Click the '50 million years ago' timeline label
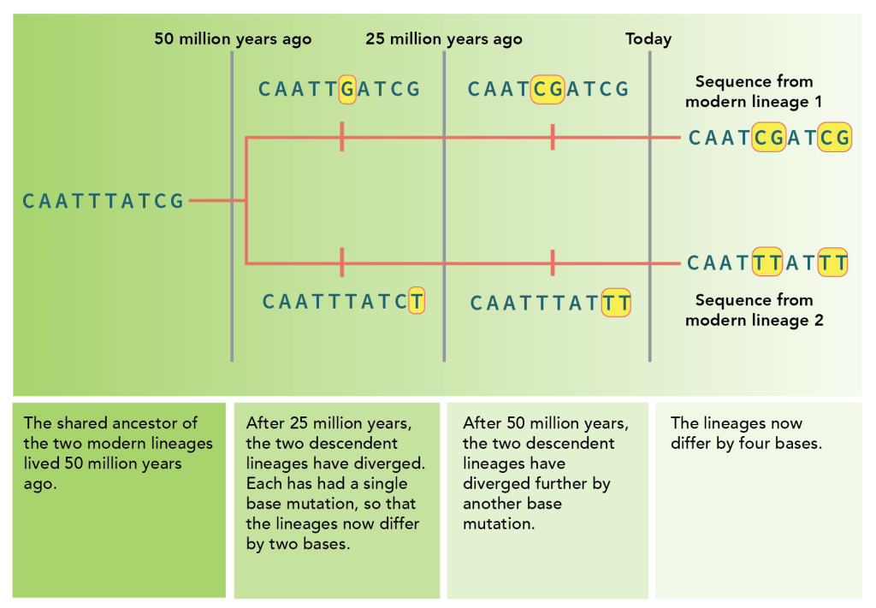point(233,39)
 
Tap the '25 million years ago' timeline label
point(444,39)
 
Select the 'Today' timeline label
point(648,39)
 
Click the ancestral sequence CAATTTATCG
point(104,202)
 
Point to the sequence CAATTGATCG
point(340,89)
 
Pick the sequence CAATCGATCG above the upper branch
point(548,89)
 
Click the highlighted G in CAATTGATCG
point(347,89)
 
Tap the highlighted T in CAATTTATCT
point(417,302)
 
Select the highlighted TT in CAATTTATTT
point(617,303)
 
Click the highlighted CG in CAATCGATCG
point(547,89)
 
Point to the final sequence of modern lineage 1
point(769,138)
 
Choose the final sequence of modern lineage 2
point(767,263)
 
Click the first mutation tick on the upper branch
point(341,137)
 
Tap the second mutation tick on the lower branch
point(553,263)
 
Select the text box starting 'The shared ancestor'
point(119,500)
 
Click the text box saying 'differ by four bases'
point(758,500)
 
